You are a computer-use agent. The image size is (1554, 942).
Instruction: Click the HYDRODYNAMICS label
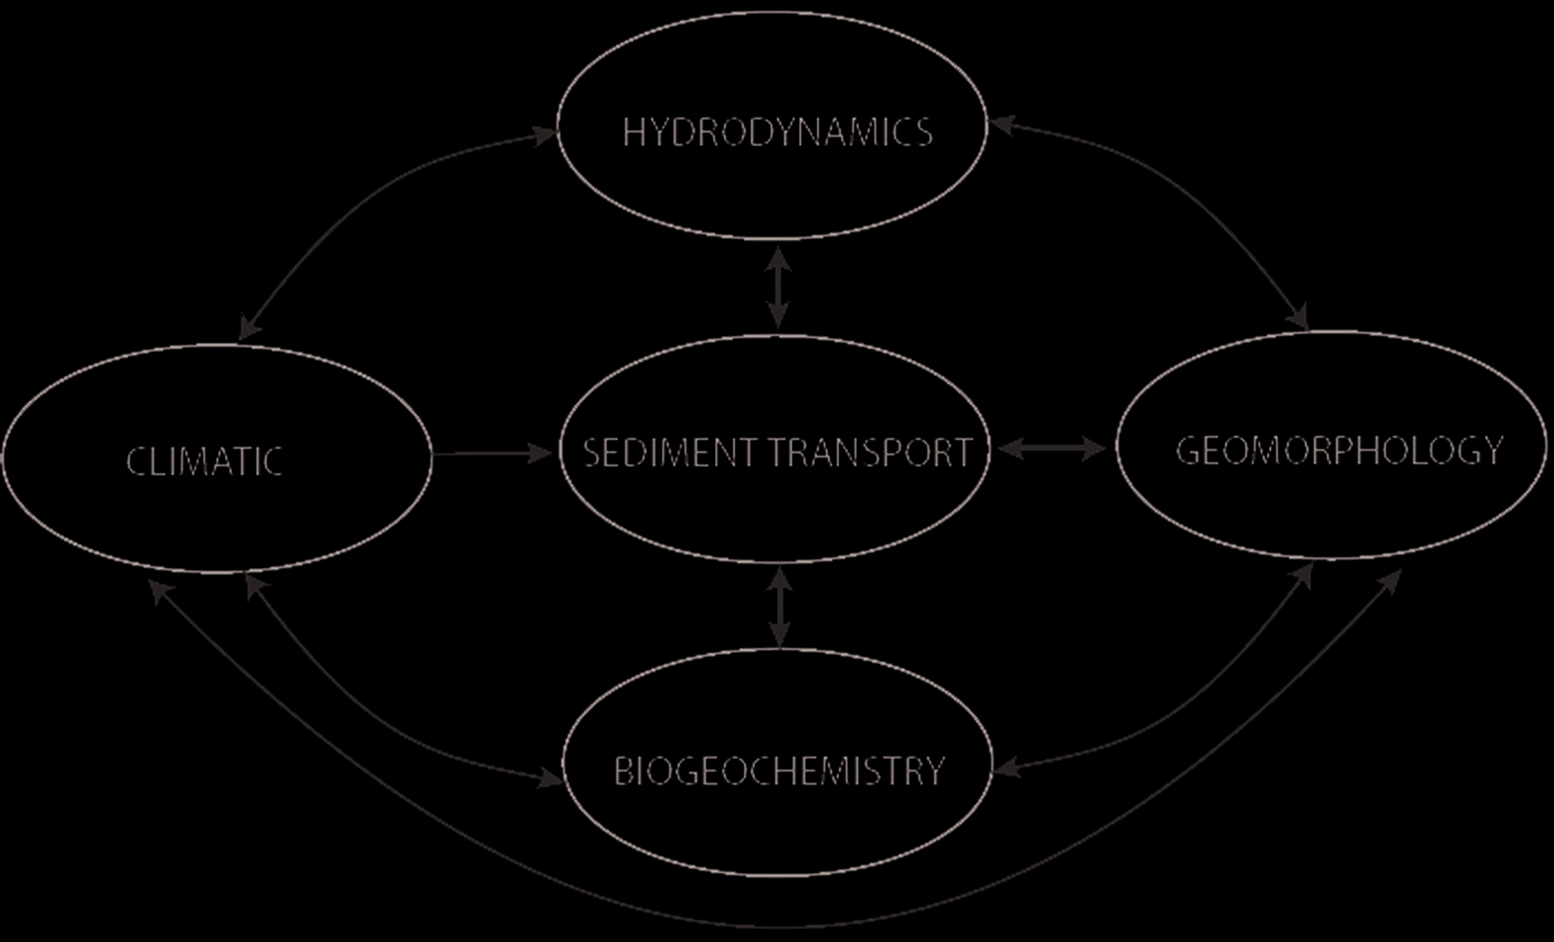pos(777,133)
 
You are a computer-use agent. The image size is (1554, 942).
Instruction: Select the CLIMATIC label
pos(204,462)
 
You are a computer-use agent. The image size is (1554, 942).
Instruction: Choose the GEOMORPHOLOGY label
pos(1339,451)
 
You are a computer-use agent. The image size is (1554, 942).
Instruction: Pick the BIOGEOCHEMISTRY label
pos(778,771)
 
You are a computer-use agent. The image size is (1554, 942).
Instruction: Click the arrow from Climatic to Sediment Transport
pos(493,454)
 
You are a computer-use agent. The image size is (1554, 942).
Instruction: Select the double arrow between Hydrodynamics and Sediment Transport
pos(778,288)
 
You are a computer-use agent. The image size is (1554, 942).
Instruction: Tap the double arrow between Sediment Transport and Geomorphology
pos(1052,450)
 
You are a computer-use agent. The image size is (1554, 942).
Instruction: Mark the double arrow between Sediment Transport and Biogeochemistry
pos(780,608)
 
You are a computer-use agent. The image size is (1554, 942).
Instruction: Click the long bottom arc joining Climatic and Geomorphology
pos(777,923)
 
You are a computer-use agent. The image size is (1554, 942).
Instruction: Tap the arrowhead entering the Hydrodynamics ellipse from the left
pos(546,134)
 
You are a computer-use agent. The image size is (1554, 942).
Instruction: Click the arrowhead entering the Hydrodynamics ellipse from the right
pos(999,125)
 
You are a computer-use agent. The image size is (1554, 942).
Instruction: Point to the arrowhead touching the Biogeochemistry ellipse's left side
pos(551,778)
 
